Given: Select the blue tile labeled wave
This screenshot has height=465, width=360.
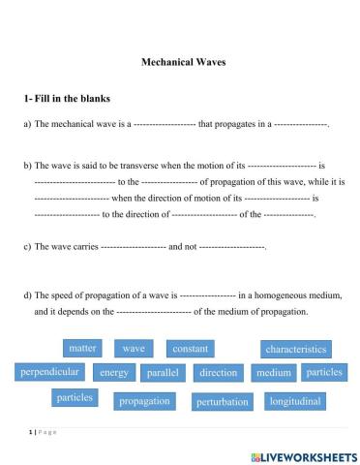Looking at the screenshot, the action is click(134, 348).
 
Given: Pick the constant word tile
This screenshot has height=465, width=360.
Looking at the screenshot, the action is click(191, 348).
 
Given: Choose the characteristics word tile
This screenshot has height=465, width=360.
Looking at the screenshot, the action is click(295, 349).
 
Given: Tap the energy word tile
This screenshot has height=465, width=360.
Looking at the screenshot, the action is click(114, 372).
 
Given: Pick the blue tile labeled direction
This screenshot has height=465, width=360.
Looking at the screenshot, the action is click(218, 372).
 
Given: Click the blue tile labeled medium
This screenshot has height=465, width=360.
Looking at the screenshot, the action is click(273, 372).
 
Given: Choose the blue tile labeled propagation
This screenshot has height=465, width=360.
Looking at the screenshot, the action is click(144, 400).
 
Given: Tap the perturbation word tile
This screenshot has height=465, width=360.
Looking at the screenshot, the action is click(223, 401).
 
